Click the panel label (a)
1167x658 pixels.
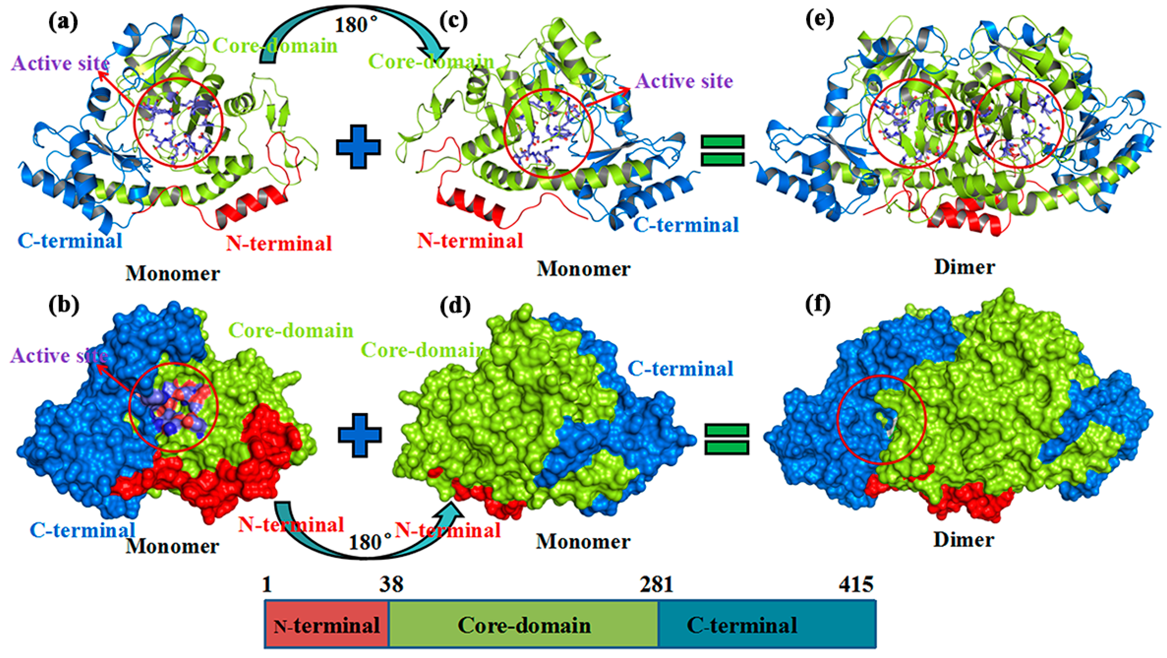pos(63,22)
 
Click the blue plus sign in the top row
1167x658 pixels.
pos(358,147)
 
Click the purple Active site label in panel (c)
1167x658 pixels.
pos(684,81)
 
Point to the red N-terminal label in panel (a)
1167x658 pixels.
pos(279,243)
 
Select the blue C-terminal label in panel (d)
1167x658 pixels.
pos(681,369)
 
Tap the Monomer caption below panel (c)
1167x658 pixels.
pos(583,269)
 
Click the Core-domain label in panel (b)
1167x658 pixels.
pos(291,331)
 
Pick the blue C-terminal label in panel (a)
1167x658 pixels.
pos(70,241)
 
